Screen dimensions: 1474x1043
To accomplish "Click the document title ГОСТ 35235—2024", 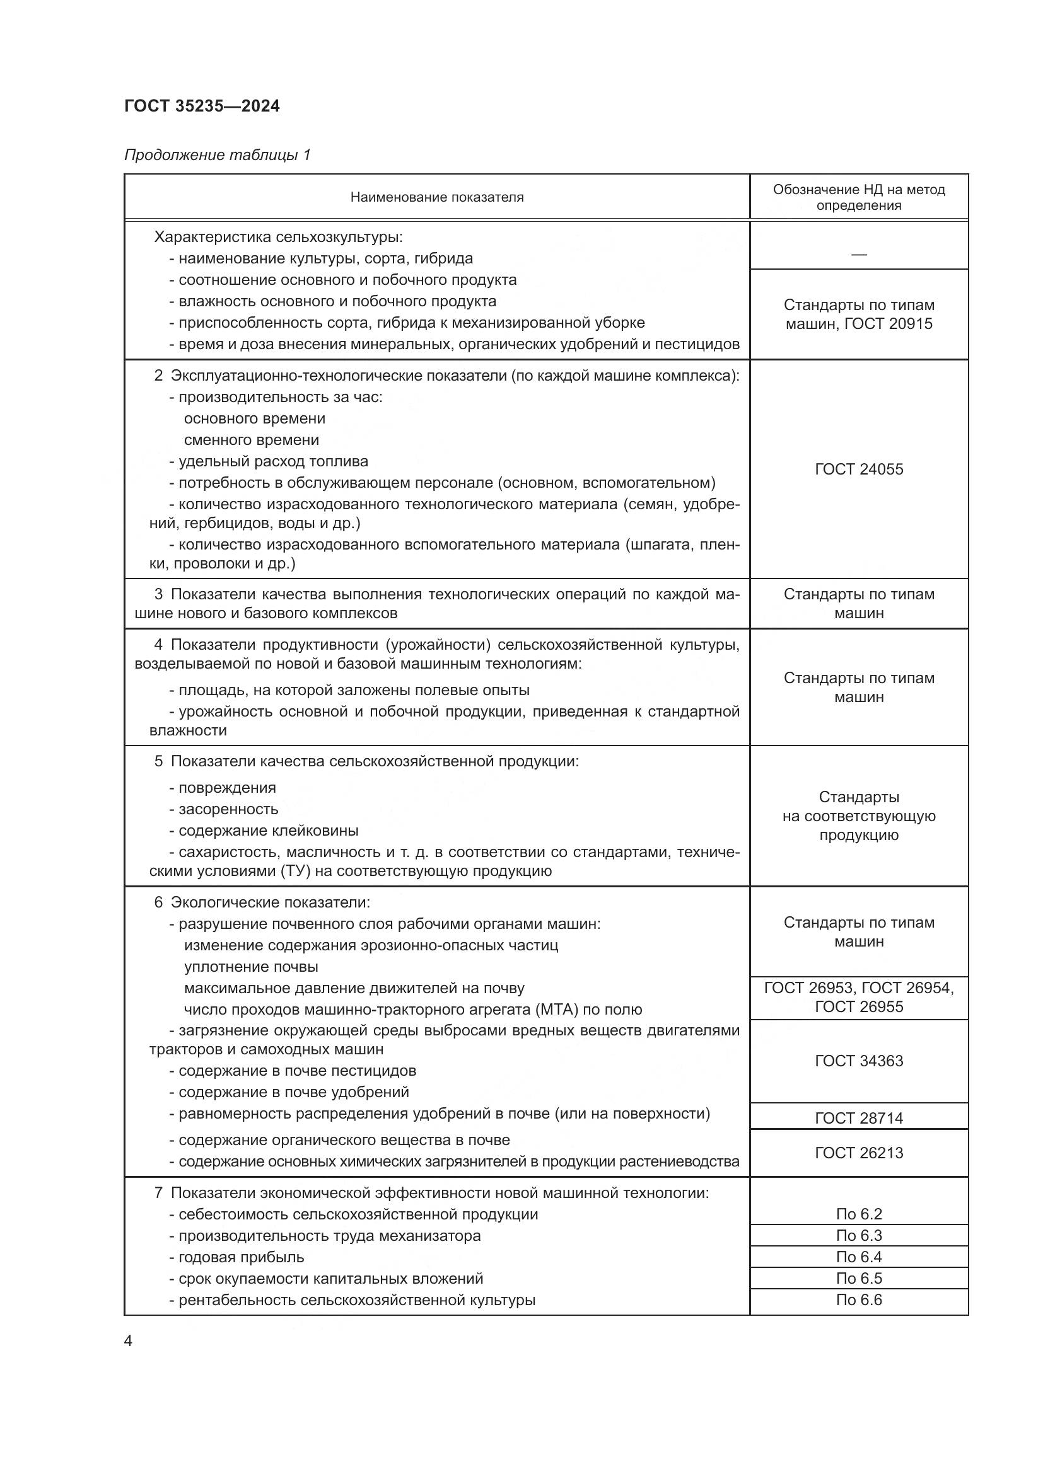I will (202, 106).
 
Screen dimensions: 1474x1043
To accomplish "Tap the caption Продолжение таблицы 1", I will (217, 155).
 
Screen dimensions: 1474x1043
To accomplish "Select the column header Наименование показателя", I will (437, 197).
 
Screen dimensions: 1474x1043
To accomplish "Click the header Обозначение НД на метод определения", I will (859, 197).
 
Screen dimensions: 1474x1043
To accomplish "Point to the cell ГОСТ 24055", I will (859, 469).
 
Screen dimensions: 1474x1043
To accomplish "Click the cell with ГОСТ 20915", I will (859, 314).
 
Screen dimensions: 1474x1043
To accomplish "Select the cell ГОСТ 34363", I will (859, 1061).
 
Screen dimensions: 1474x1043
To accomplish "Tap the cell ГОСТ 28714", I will (859, 1118).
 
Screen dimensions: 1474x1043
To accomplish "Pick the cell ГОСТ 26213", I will (859, 1153).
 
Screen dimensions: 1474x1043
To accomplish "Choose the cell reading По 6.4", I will (859, 1257).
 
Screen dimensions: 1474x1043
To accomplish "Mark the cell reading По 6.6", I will (859, 1299).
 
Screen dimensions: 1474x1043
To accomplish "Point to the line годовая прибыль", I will (241, 1257).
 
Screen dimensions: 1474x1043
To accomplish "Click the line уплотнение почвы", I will (251, 966).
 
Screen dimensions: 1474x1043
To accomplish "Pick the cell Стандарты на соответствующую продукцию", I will (859, 816).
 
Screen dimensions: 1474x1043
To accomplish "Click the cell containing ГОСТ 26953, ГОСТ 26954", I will (859, 997).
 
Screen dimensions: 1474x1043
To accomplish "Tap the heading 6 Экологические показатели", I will (262, 902).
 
